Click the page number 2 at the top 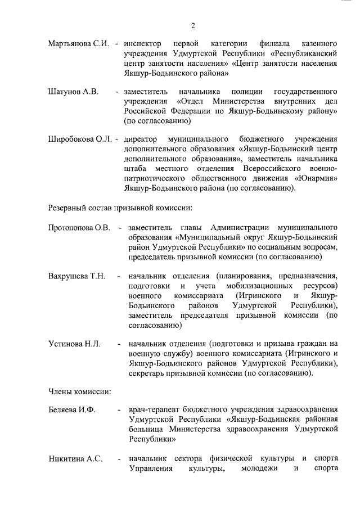tap(192, 25)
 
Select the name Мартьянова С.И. tap(78, 43)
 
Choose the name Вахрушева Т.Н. tap(77, 276)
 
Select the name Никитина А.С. tap(75, 459)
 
